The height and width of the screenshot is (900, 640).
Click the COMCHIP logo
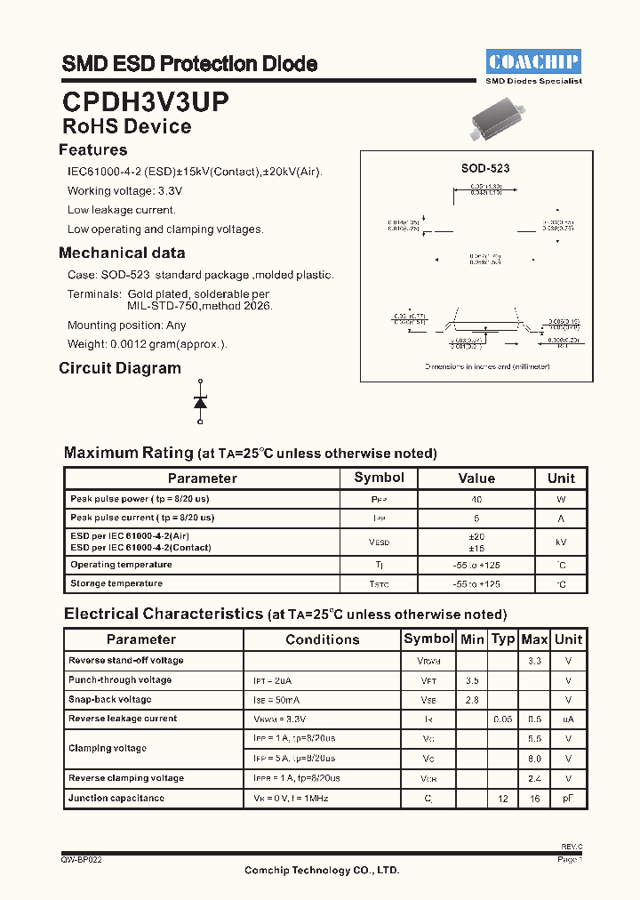(x=533, y=61)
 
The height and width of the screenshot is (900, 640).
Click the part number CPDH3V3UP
(x=145, y=100)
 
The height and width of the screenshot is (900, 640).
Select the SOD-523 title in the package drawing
(x=484, y=167)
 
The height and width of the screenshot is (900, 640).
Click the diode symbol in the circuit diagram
(x=200, y=402)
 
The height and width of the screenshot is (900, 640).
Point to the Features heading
(x=93, y=150)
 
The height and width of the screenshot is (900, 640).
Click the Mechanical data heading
(x=122, y=253)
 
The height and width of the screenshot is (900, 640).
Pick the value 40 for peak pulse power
(x=476, y=500)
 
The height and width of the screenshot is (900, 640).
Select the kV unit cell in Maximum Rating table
(x=560, y=542)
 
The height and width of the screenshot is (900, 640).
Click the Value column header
(x=476, y=478)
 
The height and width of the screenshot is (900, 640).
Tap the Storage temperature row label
(x=116, y=583)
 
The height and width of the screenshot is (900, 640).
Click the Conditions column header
(x=323, y=639)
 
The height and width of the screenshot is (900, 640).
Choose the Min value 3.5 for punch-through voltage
(x=472, y=680)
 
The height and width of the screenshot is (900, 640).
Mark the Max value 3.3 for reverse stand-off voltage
(x=534, y=661)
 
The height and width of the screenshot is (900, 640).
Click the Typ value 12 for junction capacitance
(x=503, y=799)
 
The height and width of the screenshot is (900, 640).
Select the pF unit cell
(x=568, y=799)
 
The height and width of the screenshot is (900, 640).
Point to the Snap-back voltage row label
(x=110, y=699)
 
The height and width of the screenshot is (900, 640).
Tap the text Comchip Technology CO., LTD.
(x=322, y=871)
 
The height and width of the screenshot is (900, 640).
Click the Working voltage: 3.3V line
(x=124, y=191)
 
